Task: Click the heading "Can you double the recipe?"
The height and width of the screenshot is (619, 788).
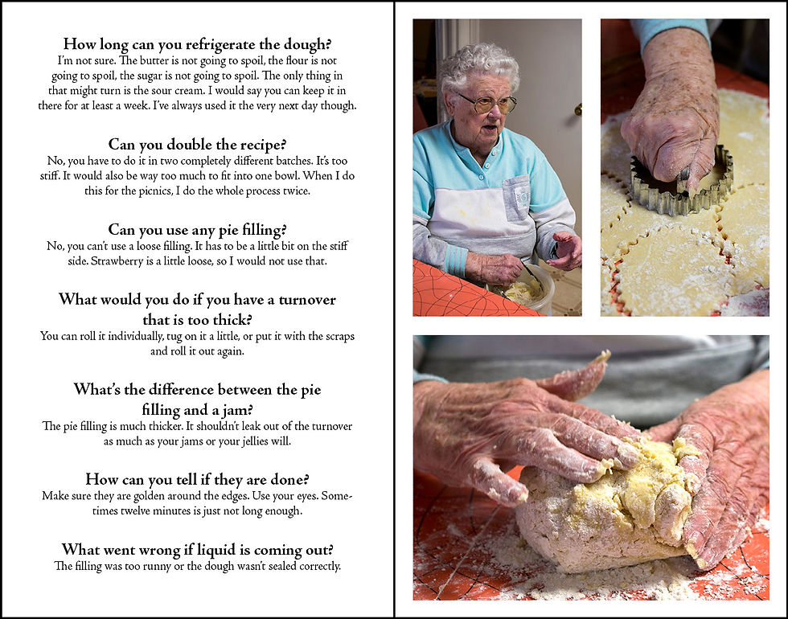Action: click(x=197, y=145)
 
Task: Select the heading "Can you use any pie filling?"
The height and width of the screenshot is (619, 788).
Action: click(x=197, y=230)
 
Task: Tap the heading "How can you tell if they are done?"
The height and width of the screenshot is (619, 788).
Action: click(x=197, y=479)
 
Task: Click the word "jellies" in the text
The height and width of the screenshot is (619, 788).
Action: click(x=252, y=441)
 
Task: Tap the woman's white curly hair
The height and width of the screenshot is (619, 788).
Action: click(x=479, y=66)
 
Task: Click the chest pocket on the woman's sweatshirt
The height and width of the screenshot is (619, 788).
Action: click(x=516, y=197)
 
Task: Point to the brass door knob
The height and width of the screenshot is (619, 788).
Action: click(x=578, y=109)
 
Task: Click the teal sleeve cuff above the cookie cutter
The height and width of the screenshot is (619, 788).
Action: click(x=671, y=31)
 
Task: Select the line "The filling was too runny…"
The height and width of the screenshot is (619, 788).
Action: click(x=197, y=566)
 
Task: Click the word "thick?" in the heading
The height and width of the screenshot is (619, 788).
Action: click(x=232, y=320)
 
